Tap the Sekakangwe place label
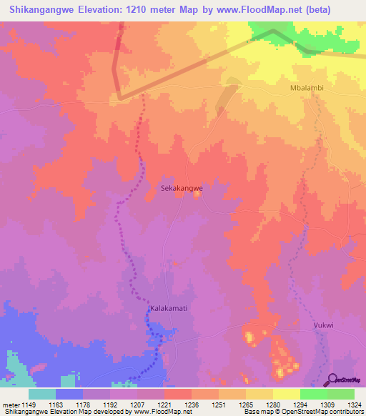[181, 188]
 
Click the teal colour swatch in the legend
[42, 394]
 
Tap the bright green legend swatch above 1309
[313, 394]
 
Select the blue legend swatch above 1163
[69, 394]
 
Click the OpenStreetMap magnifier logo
[331, 380]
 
